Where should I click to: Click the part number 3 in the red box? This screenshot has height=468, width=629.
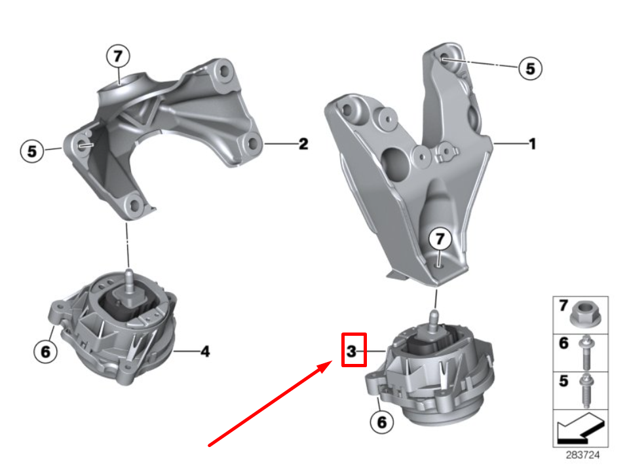pyautogui.click(x=352, y=352)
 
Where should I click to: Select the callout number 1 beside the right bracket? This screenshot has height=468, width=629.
pyautogui.click(x=532, y=143)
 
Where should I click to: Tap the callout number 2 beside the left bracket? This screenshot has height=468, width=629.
pyautogui.click(x=303, y=144)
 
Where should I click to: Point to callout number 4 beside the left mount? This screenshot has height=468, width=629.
pyautogui.click(x=205, y=352)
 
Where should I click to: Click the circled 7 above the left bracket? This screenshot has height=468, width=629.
pyautogui.click(x=118, y=57)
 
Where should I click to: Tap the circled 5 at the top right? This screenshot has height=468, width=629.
pyautogui.click(x=530, y=67)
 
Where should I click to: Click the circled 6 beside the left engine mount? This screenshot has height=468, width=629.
pyautogui.click(x=45, y=351)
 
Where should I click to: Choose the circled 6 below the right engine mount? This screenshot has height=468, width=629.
pyautogui.click(x=381, y=422)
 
